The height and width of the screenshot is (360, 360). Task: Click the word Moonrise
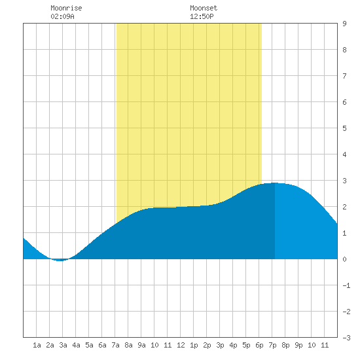(66, 8)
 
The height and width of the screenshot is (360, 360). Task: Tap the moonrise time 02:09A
(62, 16)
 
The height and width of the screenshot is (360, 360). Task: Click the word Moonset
(204, 8)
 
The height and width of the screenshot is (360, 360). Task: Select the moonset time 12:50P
(202, 16)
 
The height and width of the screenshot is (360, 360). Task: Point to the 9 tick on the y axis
(344, 24)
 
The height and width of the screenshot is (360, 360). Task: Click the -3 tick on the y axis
(346, 338)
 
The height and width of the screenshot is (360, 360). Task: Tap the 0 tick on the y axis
(344, 259)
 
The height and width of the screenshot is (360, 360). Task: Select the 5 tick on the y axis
(344, 128)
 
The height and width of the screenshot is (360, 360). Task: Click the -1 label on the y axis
(346, 285)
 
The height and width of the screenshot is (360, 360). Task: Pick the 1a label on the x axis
(37, 345)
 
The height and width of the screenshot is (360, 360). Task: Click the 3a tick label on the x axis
(63, 345)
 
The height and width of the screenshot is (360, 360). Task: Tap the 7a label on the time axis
(115, 345)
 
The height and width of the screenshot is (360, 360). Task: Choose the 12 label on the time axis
(181, 345)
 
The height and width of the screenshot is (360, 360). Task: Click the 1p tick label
(194, 345)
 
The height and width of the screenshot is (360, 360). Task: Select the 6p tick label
(259, 345)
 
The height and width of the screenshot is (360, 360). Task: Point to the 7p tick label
(272, 345)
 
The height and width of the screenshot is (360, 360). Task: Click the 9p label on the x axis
(298, 345)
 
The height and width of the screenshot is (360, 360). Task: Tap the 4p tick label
(233, 345)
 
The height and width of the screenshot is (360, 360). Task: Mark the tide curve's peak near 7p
(275, 183)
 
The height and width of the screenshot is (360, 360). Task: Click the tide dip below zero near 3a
(60, 261)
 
